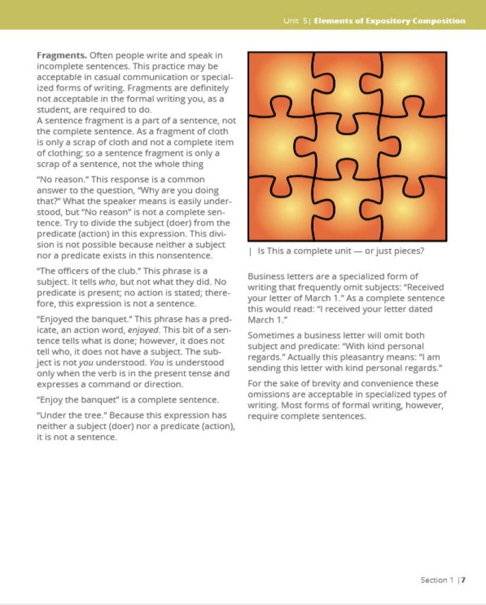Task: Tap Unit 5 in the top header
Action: pyautogui.click(x=295, y=21)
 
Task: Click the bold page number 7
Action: pyautogui.click(x=463, y=580)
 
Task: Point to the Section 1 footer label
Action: pyautogui.click(x=437, y=580)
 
